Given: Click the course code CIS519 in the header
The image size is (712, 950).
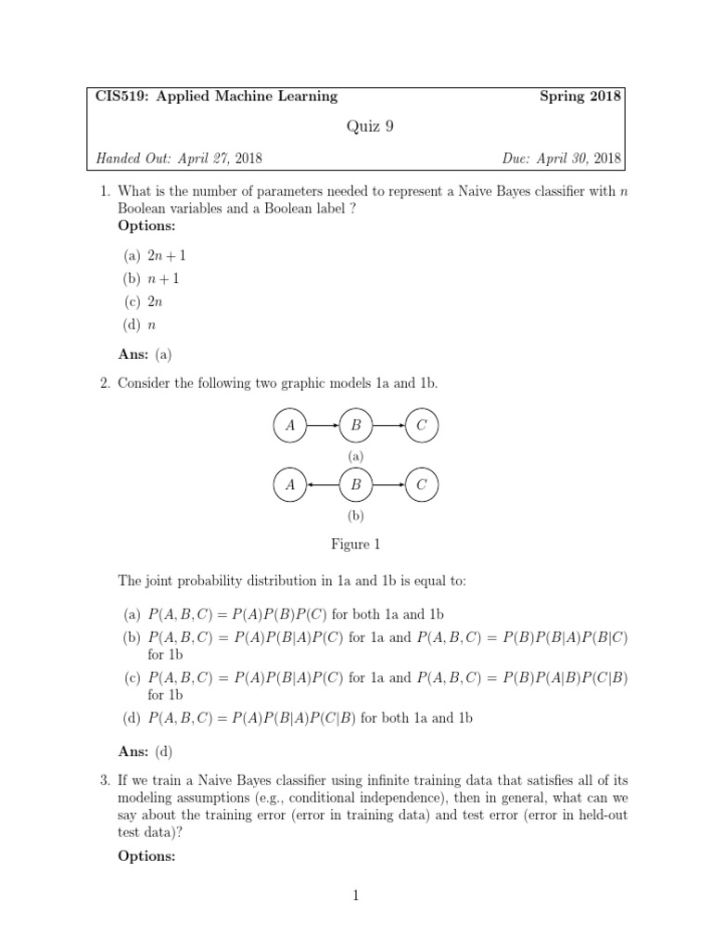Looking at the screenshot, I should pyautogui.click(x=120, y=96).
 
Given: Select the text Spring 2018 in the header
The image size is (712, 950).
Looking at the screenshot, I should pyautogui.click(x=580, y=96).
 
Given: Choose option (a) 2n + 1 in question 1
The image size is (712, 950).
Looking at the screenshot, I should pyautogui.click(x=157, y=254).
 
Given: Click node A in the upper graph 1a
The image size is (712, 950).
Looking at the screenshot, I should pyautogui.click(x=290, y=426).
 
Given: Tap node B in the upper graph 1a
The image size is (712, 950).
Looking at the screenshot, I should pyautogui.click(x=356, y=426).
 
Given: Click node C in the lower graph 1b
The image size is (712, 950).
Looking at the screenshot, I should pyautogui.click(x=422, y=484).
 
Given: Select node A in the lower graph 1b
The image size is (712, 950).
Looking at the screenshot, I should pyautogui.click(x=290, y=484).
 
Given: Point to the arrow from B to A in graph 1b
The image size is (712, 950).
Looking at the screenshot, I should pyautogui.click(x=323, y=484).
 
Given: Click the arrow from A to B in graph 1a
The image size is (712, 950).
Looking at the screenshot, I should pyautogui.click(x=323, y=426).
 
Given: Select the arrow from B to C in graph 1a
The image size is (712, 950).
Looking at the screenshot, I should pyautogui.click(x=388, y=426).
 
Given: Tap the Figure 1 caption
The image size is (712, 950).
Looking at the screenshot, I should pyautogui.click(x=356, y=545).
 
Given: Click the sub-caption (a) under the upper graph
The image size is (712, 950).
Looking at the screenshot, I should pyautogui.click(x=356, y=456).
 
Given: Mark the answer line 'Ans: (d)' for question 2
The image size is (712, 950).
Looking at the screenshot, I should pyautogui.click(x=146, y=751).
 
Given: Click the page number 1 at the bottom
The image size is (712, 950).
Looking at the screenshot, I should pyautogui.click(x=356, y=895).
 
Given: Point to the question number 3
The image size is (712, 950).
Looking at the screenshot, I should pyautogui.click(x=104, y=782).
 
